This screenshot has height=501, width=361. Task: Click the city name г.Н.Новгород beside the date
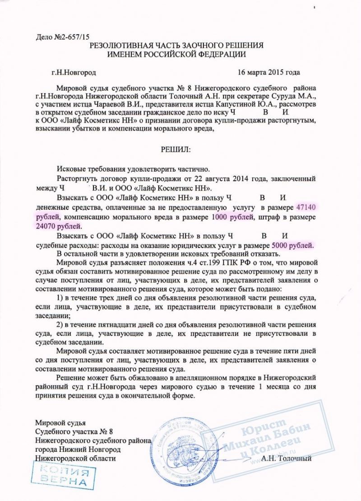click(x=74, y=72)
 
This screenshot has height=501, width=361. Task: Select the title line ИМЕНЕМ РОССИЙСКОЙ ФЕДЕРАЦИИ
click(x=176, y=54)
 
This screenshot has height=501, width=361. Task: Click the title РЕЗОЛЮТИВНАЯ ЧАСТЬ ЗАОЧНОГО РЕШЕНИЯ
click(x=176, y=46)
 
